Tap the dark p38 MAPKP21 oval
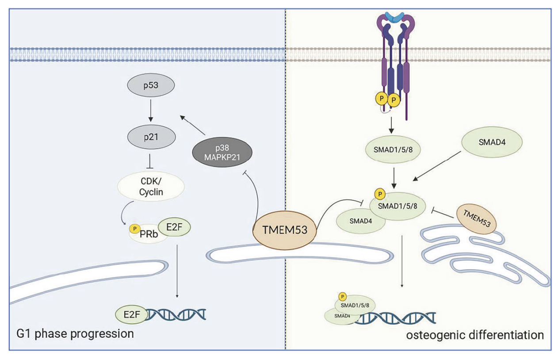click(222, 152)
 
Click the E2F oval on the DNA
click(129, 314)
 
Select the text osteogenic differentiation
click(474, 334)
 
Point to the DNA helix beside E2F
click(177, 314)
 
